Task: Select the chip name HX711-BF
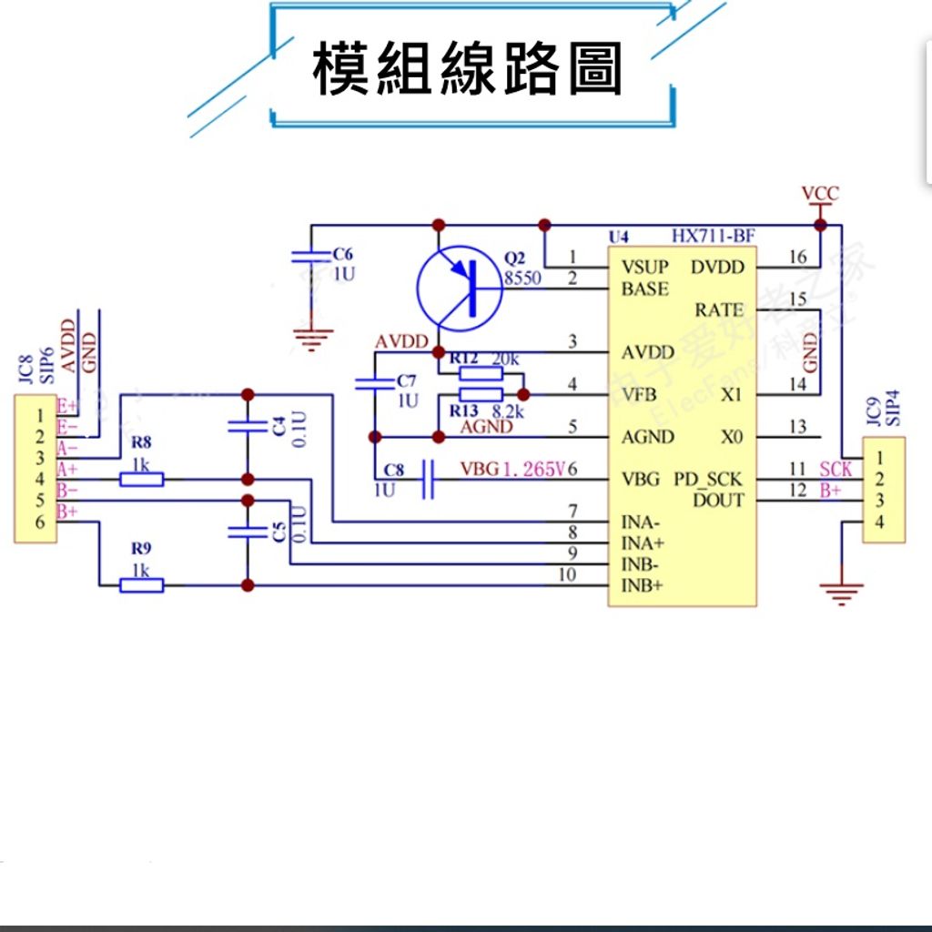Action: click(x=713, y=237)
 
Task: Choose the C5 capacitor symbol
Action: click(x=245, y=532)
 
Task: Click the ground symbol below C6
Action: click(x=311, y=340)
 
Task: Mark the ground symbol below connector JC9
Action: click(x=840, y=594)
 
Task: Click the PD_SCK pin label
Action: click(x=708, y=479)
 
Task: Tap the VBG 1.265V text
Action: click(x=513, y=470)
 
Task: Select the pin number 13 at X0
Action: click(x=797, y=427)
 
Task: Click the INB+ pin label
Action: click(x=643, y=585)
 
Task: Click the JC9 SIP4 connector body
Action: click(x=884, y=490)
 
